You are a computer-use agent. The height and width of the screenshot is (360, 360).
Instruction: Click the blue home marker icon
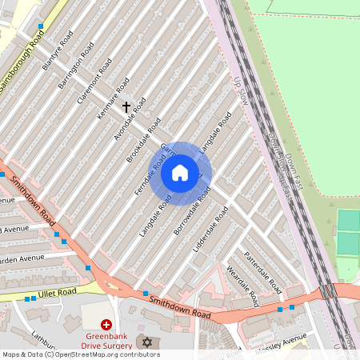point(180,173)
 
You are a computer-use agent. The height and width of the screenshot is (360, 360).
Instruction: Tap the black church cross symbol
point(126,106)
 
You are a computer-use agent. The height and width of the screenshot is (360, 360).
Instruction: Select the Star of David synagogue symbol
point(146,342)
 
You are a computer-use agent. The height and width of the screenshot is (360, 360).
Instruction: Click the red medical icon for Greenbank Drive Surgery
point(106,326)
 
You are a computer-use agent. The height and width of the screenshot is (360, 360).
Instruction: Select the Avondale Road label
point(129,119)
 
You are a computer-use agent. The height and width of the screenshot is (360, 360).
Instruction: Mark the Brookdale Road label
point(143,139)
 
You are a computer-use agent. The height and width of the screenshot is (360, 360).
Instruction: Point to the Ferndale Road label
point(150,174)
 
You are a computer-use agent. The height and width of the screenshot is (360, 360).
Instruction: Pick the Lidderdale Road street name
point(210,230)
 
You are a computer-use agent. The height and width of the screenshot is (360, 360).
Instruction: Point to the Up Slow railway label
point(239,90)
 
